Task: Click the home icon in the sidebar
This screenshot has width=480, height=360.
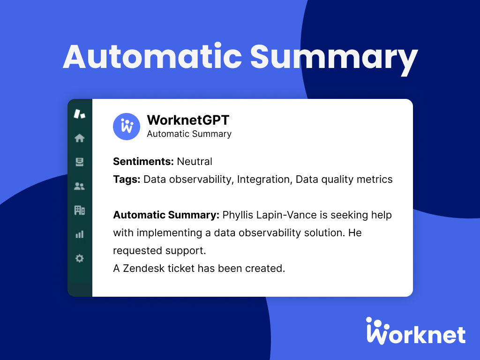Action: tap(80, 138)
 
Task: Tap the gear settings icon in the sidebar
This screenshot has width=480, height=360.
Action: tap(80, 258)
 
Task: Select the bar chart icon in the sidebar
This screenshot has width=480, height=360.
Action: tap(80, 234)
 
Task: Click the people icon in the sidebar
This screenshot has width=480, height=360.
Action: tap(80, 186)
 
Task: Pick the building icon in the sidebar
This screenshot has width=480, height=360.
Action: tap(80, 210)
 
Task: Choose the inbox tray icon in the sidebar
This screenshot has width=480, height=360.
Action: tap(80, 162)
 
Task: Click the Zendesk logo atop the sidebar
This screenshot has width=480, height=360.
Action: tap(80, 113)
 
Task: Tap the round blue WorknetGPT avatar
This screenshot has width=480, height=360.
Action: tap(127, 127)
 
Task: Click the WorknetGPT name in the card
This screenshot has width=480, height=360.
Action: tap(188, 120)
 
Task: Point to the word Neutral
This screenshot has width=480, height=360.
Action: tap(195, 162)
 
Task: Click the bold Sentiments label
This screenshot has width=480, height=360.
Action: tap(143, 162)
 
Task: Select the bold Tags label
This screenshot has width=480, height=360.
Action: tap(127, 180)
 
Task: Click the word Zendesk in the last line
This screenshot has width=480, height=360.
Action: tap(143, 269)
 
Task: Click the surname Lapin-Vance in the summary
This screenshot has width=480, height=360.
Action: tap(290, 215)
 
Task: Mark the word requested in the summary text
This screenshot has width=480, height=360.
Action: tap(135, 250)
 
